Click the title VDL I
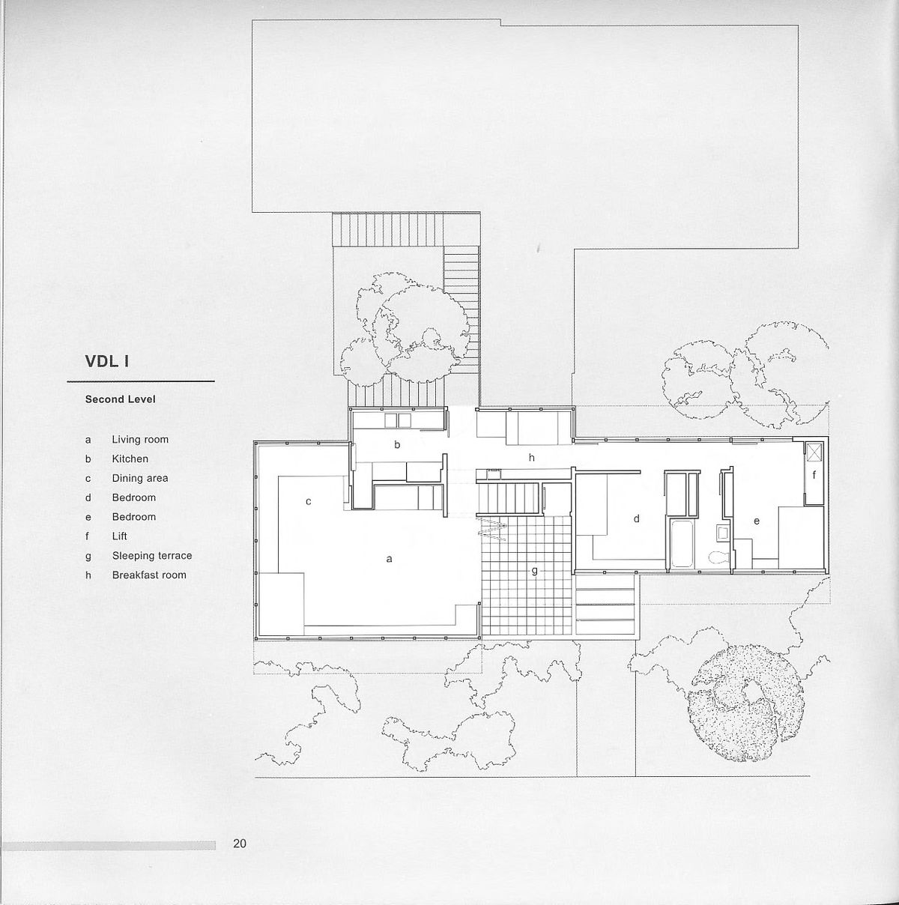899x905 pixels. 108,361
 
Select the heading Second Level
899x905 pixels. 120,399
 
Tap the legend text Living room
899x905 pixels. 140,440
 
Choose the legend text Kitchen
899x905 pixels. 130,458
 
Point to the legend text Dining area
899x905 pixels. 140,478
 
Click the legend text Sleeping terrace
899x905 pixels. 152,555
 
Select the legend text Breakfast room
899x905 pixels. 149,575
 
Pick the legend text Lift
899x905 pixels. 120,536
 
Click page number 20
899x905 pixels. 240,844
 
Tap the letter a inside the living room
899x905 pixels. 390,558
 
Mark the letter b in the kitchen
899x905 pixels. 397,444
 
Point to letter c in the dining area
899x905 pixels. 308,501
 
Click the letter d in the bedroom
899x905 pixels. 637,518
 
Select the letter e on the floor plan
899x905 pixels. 757,520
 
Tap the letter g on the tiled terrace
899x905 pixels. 534,571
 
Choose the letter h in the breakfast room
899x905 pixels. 531,457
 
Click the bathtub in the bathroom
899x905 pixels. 682,543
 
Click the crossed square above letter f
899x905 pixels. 814,452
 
